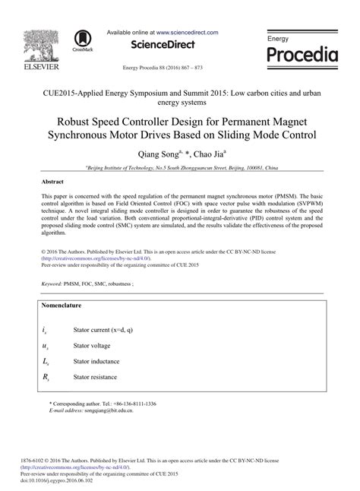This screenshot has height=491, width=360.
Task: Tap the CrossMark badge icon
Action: (81, 41)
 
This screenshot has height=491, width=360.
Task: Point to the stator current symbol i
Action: (46, 331)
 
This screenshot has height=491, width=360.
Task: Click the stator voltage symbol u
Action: (46, 347)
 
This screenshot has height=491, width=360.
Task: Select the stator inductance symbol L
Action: (46, 362)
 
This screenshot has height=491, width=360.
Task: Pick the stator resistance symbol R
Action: (46, 377)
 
